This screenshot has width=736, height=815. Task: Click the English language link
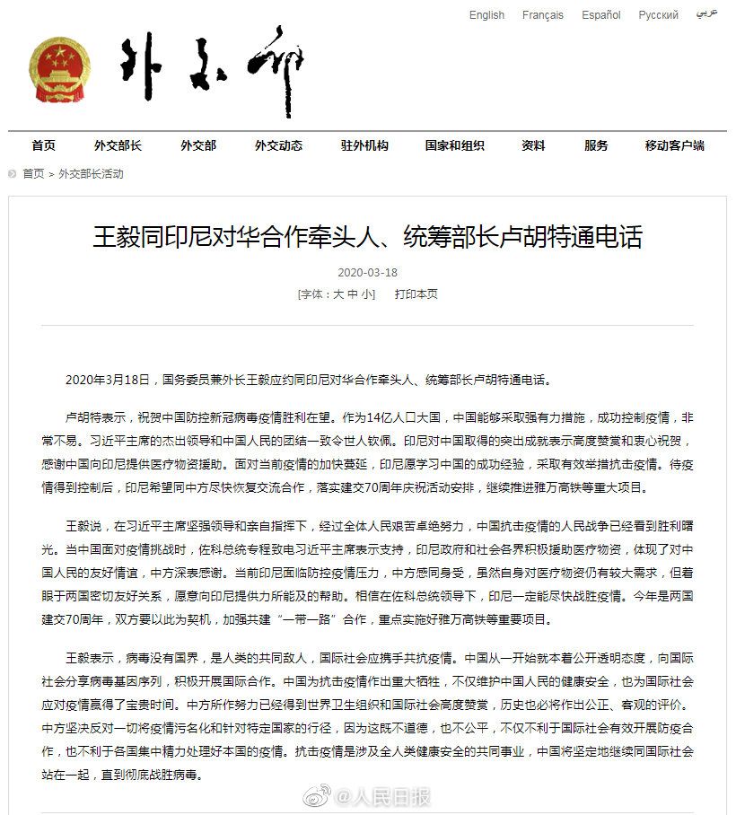pos(486,15)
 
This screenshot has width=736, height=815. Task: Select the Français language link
pos(543,15)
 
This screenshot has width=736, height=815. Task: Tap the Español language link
pos(600,15)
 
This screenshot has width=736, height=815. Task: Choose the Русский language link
pos(658,15)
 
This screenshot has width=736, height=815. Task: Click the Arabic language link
pos(706,15)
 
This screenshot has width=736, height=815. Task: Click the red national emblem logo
pos(60,70)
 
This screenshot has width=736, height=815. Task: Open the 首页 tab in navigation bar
pos(43,145)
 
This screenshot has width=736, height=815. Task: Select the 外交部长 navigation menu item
pos(118,145)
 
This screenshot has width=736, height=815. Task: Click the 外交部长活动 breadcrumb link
pos(91,174)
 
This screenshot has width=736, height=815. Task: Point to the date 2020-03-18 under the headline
pos(367,272)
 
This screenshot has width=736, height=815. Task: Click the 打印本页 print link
pos(416,294)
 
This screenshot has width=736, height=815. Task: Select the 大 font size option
pos(338,294)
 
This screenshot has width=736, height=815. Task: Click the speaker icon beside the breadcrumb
pos(12,174)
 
